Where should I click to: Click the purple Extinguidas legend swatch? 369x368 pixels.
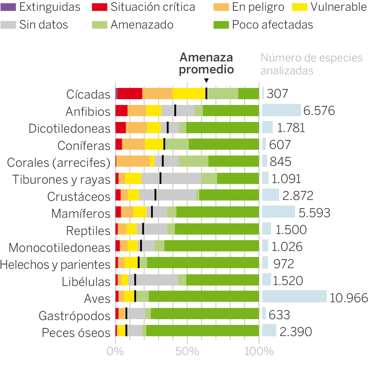(8, 7)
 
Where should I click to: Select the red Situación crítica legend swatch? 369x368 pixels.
(99, 7)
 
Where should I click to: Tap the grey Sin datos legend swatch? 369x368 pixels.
(8, 25)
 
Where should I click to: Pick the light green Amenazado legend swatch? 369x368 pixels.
(99, 25)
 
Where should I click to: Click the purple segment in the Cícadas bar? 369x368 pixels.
(116, 93)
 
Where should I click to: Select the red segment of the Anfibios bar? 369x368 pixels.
(121, 111)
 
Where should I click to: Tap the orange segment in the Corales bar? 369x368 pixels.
(133, 161)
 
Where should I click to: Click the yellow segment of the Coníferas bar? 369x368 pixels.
(154, 144)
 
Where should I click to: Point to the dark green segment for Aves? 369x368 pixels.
(204, 296)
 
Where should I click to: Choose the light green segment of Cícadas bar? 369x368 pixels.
(223, 93)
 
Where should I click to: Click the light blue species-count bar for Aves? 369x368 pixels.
(294, 296)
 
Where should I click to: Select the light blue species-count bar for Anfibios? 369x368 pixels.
(281, 110)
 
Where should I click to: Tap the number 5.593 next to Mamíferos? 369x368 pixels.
(314, 213)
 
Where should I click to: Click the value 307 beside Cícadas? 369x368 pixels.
(277, 94)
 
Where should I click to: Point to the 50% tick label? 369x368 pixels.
(187, 351)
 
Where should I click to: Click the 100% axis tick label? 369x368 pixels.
(259, 351)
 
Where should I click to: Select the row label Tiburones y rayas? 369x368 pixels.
(61, 179)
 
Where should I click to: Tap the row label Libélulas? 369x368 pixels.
(86, 281)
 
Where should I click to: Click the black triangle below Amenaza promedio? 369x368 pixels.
(206, 80)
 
